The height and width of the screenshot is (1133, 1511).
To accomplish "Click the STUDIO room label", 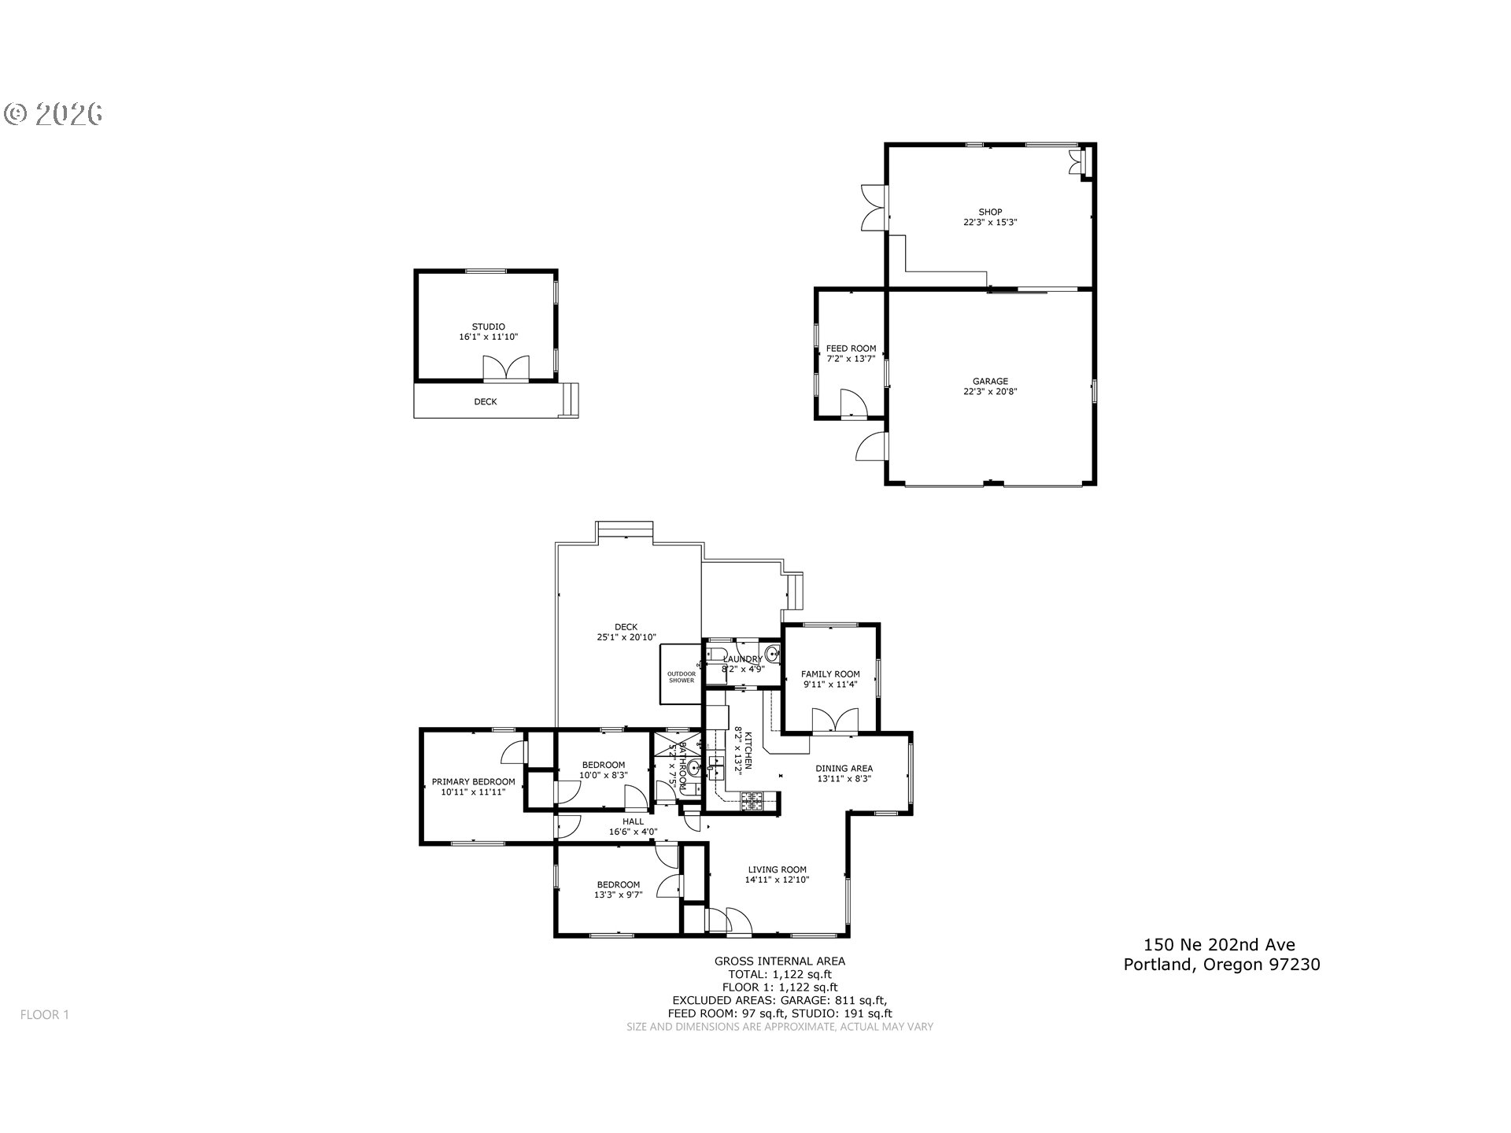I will click(x=488, y=327).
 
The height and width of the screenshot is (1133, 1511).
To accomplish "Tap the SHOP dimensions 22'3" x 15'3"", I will click(x=990, y=223).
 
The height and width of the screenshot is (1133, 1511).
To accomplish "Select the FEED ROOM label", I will click(x=851, y=349).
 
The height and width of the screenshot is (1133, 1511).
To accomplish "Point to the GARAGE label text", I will click(x=990, y=382).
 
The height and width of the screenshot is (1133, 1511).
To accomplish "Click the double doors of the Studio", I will click(x=505, y=369).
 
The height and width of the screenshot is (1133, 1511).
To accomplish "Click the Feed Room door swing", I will click(x=853, y=402).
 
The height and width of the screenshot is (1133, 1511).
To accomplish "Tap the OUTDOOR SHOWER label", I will click(x=682, y=677).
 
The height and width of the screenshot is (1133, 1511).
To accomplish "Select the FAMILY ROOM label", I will click(x=830, y=674).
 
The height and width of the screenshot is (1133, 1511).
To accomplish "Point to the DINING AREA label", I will click(x=844, y=769).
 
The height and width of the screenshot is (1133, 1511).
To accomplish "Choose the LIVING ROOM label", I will click(x=777, y=869).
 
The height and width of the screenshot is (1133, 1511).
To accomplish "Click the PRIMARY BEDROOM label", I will click(x=473, y=782).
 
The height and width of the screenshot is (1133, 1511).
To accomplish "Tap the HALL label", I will click(x=633, y=821).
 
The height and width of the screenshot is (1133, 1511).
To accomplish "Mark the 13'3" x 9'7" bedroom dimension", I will click(x=618, y=895).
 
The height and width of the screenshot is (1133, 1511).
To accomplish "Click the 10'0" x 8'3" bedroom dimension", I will click(x=604, y=775).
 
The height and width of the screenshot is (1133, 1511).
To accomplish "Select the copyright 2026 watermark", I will click(x=54, y=114).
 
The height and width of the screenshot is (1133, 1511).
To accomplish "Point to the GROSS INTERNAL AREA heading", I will click(x=779, y=961).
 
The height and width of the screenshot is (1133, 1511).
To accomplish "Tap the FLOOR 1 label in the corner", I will click(x=45, y=1015).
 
